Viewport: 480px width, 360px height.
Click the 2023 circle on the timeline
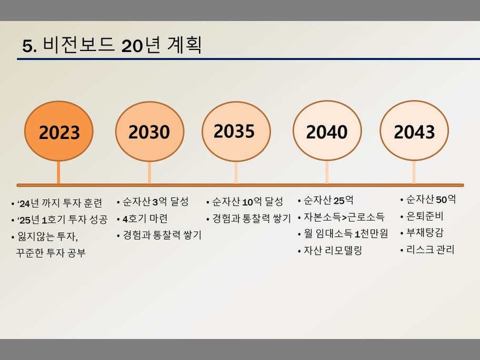(59, 131)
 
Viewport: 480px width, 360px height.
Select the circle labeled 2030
(149, 132)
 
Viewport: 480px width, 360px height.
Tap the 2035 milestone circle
(236, 132)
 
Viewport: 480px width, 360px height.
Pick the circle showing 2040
(327, 131)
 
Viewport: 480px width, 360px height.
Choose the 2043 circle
(414, 131)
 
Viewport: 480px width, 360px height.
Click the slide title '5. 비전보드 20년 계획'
(112, 45)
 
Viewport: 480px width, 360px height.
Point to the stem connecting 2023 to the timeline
(58, 172)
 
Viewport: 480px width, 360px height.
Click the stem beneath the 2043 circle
(414, 172)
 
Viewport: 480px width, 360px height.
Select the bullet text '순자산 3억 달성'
(155, 202)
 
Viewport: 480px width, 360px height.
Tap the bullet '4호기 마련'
(145, 219)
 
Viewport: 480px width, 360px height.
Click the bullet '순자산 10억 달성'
(248, 202)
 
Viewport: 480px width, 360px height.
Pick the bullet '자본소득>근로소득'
(344, 217)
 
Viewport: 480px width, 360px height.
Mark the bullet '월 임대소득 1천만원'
(346, 234)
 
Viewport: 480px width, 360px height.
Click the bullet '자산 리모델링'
(333, 251)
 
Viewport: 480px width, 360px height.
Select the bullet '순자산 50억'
(431, 199)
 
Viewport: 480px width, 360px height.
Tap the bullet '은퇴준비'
(425, 216)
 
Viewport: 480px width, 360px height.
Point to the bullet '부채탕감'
(425, 233)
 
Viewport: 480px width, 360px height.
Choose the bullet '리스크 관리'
(431, 249)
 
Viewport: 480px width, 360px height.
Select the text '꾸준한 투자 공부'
(51, 253)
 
